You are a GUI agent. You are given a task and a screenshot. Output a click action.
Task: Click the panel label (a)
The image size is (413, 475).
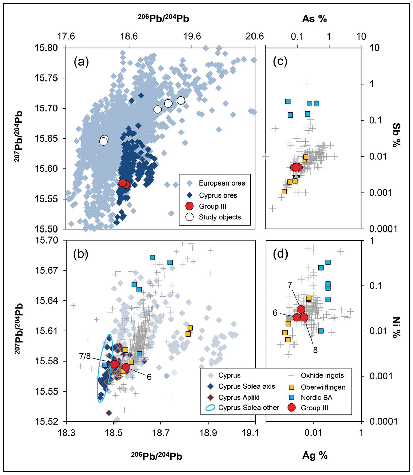pyautogui.click(x=81, y=62)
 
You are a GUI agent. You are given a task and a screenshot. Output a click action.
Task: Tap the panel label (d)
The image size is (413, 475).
pyautogui.click(x=280, y=254)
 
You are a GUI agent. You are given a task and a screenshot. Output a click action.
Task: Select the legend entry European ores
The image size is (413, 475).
pyautogui.click(x=222, y=183)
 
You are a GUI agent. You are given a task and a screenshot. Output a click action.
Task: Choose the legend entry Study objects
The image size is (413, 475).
pyautogui.click(x=220, y=217)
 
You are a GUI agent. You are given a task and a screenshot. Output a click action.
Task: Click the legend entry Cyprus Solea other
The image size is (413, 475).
pyautogui.click(x=248, y=408)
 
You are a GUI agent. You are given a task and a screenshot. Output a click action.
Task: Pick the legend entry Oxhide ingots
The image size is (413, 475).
pyautogui.click(x=322, y=375)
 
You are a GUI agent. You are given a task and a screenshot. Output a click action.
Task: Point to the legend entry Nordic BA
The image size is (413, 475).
pyautogui.click(x=316, y=398)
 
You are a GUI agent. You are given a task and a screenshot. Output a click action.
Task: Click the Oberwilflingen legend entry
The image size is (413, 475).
pyautogui.click(x=323, y=387)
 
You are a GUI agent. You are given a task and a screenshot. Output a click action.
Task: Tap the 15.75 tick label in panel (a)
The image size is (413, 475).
pyautogui.click(x=46, y=78)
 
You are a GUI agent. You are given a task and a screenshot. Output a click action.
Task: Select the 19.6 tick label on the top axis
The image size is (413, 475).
pyautogui.click(x=192, y=36)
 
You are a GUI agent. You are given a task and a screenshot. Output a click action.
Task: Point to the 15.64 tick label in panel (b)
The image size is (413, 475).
pyautogui.click(x=46, y=300)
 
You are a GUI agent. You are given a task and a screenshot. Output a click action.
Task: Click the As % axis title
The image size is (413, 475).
pyautogui.click(x=314, y=19)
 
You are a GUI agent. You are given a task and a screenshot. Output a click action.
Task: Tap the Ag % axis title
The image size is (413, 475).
pyautogui.click(x=315, y=455)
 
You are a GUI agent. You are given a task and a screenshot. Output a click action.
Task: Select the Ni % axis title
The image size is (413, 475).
pyautogui.click(x=396, y=327)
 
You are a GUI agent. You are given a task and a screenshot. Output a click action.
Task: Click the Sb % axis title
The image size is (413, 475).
pyautogui.click(x=396, y=135)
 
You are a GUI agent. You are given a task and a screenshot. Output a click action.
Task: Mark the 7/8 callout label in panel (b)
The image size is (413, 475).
pyautogui.click(x=85, y=356)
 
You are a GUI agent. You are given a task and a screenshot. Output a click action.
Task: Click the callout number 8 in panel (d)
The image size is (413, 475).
pyautogui.click(x=315, y=350)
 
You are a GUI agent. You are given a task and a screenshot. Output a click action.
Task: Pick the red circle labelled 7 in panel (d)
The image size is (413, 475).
pyautogui.click(x=301, y=309)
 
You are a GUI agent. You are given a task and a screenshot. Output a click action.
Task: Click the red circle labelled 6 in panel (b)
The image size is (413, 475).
pyautogui.click(x=126, y=367)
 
